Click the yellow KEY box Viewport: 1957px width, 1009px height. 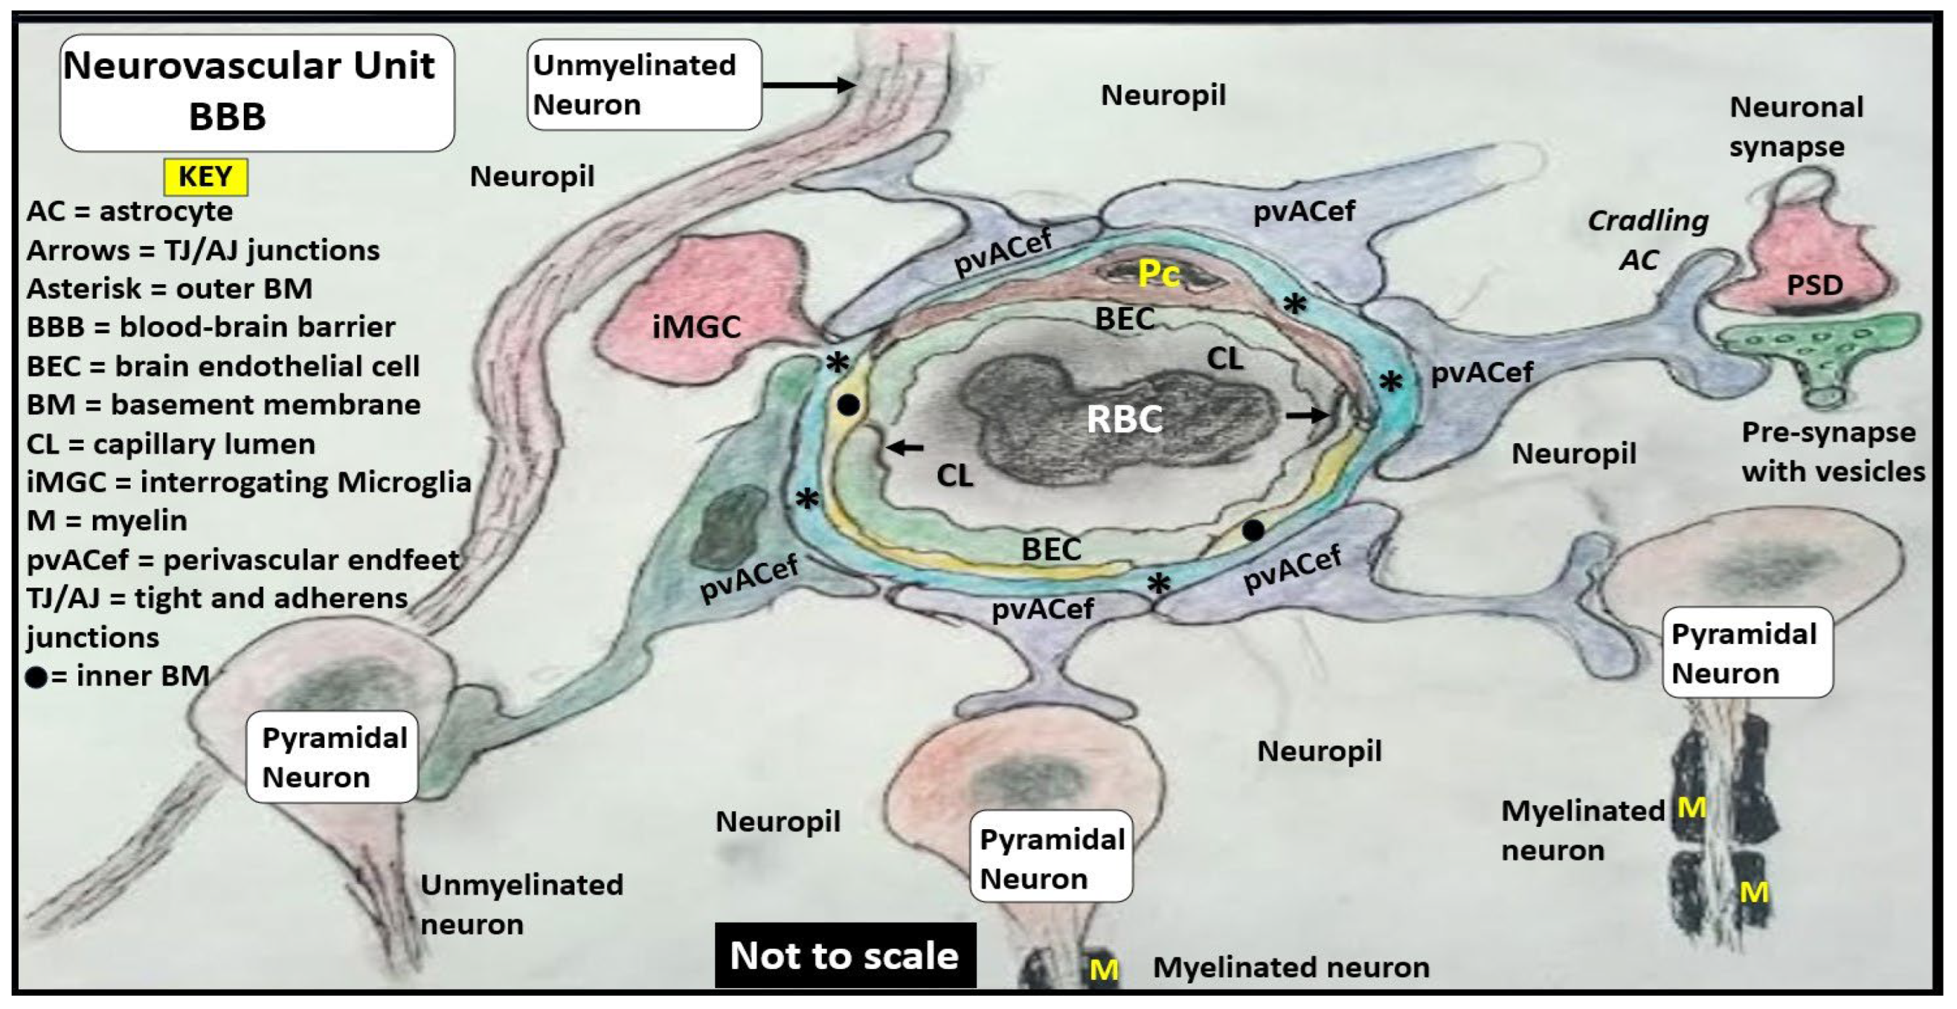pos(205,177)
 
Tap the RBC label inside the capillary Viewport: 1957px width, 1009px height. pos(1124,419)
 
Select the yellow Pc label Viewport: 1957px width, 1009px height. pos(1158,273)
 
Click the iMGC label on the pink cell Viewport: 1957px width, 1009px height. pos(696,326)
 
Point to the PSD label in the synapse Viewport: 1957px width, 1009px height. pos(1814,285)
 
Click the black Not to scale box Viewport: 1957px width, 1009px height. pos(845,955)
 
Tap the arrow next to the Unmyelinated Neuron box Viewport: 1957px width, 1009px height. pos(809,84)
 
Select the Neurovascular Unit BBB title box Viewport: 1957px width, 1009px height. pos(257,92)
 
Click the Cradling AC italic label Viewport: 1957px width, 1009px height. pos(1647,240)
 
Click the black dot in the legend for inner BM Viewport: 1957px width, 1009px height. pos(36,676)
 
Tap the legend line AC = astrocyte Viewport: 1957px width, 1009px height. pos(129,211)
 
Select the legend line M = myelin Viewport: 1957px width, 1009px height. pos(107,520)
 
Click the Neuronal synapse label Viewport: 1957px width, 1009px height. pos(1795,127)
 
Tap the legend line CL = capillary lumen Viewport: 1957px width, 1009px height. pos(170,444)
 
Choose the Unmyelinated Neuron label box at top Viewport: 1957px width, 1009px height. pos(643,84)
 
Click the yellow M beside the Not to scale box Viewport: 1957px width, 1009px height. pos(1104,970)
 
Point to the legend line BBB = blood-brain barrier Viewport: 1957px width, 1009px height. pos(210,327)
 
